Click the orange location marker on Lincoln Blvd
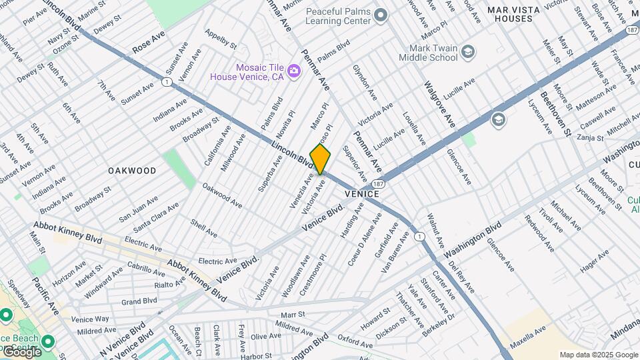pyautogui.click(x=320, y=159)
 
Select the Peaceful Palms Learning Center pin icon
pyautogui.click(x=381, y=15)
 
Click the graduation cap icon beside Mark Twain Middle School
pyautogui.click(x=468, y=51)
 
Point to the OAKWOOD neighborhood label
pyautogui.click(x=132, y=171)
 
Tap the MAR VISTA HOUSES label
pyautogui.click(x=519, y=14)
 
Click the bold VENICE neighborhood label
pyautogui.click(x=362, y=193)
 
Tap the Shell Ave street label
pyautogui.click(x=204, y=229)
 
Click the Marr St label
pyautogui.click(x=292, y=314)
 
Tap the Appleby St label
pyautogui.click(x=221, y=39)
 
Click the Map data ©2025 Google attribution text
pyautogui.click(x=597, y=355)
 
